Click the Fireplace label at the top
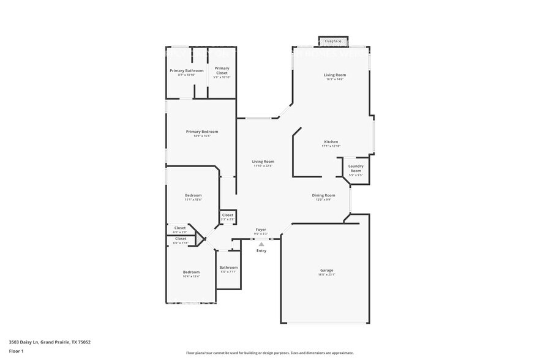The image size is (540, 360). pyautogui.click(x=333, y=41)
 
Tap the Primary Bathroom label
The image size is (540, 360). pyautogui.click(x=186, y=70)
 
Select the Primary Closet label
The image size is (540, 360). pyautogui.click(x=222, y=69)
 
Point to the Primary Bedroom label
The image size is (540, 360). pyautogui.click(x=202, y=132)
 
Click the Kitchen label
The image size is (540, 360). pyautogui.click(x=331, y=142)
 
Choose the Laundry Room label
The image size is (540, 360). pyautogui.click(x=356, y=168)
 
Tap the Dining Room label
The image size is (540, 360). pyautogui.click(x=325, y=195)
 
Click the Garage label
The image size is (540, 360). pyautogui.click(x=326, y=270)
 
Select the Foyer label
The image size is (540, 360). pyautogui.click(x=261, y=230)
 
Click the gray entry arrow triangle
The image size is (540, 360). pyautogui.click(x=261, y=244)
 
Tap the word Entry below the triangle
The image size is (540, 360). pyautogui.click(x=261, y=250)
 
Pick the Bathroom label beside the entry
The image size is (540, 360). pyautogui.click(x=228, y=268)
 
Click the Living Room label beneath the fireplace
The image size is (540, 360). pyautogui.click(x=335, y=75)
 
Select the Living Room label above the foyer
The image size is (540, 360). pyautogui.click(x=263, y=162)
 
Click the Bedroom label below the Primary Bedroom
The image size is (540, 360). pyautogui.click(x=193, y=195)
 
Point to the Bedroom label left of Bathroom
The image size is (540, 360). pyautogui.click(x=190, y=272)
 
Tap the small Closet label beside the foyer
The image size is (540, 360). pyautogui.click(x=227, y=215)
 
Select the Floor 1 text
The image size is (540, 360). pyautogui.click(x=16, y=351)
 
